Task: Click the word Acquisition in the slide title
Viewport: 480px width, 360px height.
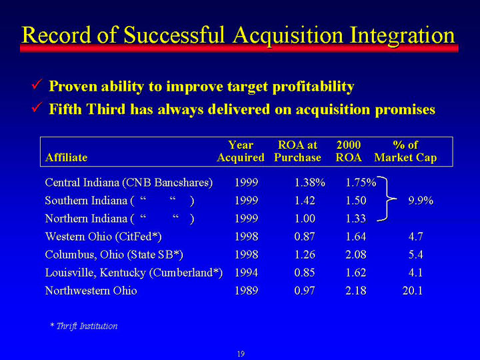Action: coord(288,35)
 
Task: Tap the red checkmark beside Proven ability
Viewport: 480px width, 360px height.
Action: coord(37,84)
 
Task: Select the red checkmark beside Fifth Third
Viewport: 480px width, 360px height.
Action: coord(37,107)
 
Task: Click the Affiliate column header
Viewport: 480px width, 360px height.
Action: coord(66,157)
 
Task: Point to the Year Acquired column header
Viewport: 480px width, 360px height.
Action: coord(241,151)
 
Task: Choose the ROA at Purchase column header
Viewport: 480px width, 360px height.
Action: coord(297,151)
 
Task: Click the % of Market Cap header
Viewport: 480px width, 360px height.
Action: coord(405,151)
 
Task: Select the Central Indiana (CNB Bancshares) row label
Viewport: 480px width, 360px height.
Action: coord(129,183)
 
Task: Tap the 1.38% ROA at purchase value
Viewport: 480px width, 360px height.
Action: coord(309,183)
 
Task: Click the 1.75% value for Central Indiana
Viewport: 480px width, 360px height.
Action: coord(361,183)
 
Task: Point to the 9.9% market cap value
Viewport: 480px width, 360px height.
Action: coord(421,201)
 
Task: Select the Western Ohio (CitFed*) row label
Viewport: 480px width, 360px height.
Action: coord(103,237)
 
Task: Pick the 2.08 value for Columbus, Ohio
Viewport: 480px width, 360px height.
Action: coord(356,255)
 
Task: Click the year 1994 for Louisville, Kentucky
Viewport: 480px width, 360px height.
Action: coord(247,273)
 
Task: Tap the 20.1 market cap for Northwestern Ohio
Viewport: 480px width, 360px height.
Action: coord(413,291)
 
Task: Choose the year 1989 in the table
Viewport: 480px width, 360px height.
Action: coord(247,291)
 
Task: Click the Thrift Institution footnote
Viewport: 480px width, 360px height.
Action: coord(84,326)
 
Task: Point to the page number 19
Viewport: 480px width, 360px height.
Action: coord(241,354)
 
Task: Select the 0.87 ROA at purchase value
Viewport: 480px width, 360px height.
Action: coord(305,237)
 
